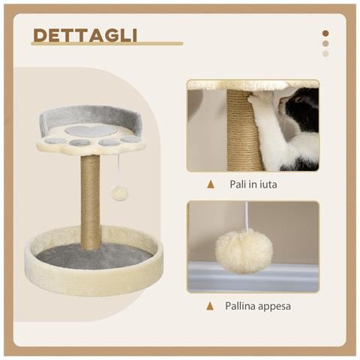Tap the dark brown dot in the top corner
pyautogui.click(x=325, y=33)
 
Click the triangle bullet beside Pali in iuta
pyautogui.click(x=211, y=184)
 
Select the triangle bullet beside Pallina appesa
pyautogui.click(x=211, y=306)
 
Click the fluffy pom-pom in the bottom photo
pyautogui.click(x=244, y=250)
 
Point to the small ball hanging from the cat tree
pyautogui.click(x=118, y=193)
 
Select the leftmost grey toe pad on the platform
pyautogui.click(x=55, y=139)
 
